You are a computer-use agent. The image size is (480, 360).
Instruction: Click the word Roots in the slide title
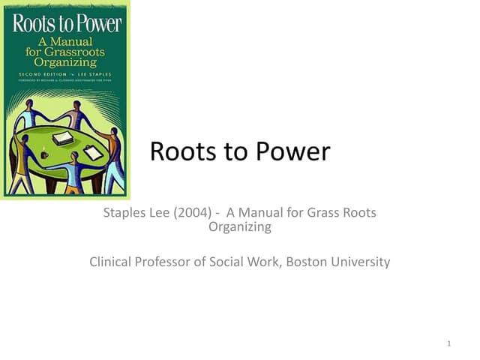click(x=179, y=151)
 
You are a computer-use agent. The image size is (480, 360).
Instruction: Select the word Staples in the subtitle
click(x=125, y=213)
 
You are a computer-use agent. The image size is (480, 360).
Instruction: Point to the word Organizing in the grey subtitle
click(x=239, y=227)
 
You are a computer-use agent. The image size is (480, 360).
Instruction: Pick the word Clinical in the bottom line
click(x=113, y=262)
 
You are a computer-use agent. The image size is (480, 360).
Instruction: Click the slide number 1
click(x=447, y=344)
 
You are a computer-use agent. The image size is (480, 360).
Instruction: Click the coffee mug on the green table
click(x=44, y=154)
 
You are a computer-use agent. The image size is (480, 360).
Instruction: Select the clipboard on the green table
click(x=92, y=153)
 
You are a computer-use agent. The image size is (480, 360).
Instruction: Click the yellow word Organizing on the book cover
click(x=67, y=63)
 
